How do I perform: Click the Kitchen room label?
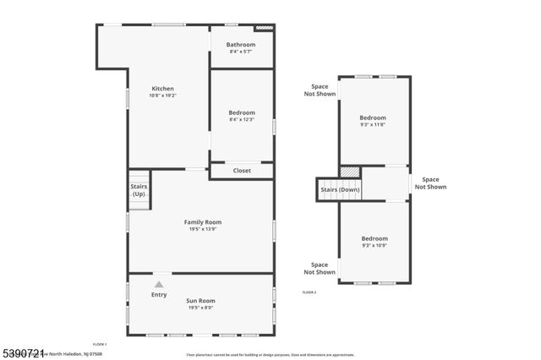[162, 89]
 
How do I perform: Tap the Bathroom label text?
[241, 45]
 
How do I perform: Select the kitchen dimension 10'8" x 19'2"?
[162, 95]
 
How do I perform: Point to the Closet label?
[242, 171]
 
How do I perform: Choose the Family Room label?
[203, 221]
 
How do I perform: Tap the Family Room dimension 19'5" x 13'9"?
[203, 229]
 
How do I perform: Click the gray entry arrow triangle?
[158, 284]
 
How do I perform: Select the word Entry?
[159, 295]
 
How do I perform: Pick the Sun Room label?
[201, 300]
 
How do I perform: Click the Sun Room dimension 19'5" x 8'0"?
[201, 308]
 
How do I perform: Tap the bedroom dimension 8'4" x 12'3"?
[241, 120]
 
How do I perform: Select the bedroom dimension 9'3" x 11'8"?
[373, 124]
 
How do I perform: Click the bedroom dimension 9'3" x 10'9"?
[374, 245]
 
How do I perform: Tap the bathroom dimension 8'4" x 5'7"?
[241, 52]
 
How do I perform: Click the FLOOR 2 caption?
[309, 292]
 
